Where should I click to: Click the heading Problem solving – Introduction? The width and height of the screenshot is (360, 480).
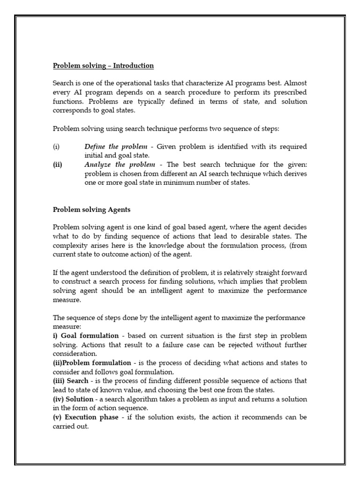pos(103,65)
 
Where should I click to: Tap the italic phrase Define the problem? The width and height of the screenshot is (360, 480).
pos(115,147)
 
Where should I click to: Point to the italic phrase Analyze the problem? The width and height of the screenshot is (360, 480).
pos(120,165)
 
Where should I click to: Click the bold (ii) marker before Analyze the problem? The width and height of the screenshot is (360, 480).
pos(57,165)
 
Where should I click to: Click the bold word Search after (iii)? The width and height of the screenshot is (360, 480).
pos(77,381)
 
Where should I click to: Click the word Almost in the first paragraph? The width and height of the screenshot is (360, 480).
pos(295,83)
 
